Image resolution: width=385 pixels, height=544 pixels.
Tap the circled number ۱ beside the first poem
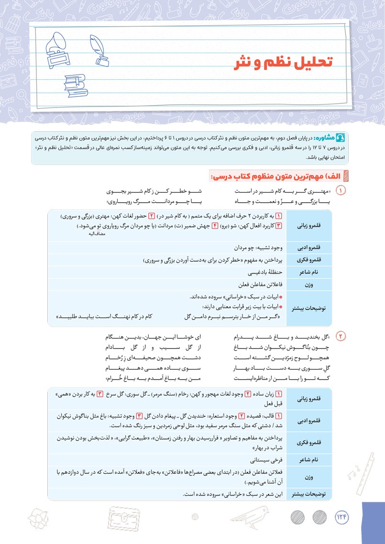click(341, 191)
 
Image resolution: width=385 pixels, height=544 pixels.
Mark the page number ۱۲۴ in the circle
click(342, 517)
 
